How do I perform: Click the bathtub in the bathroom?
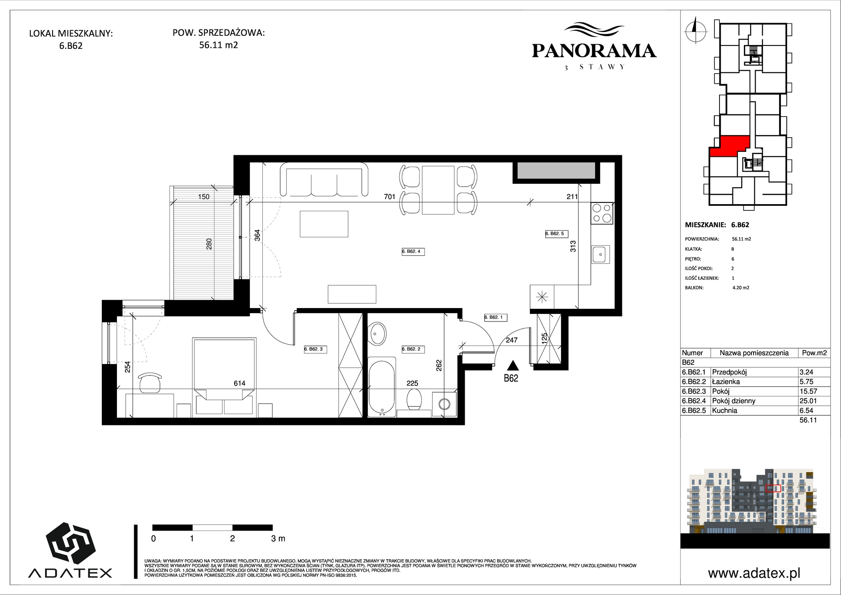click(x=382, y=387)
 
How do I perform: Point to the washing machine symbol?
click(x=444, y=404)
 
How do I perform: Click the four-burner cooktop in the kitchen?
click(x=602, y=213)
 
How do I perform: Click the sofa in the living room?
click(x=324, y=180)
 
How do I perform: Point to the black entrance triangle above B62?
click(x=511, y=366)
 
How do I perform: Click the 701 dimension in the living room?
click(x=390, y=197)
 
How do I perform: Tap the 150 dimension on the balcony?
click(x=204, y=197)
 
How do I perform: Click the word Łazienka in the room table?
click(x=726, y=382)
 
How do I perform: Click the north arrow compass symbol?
click(x=696, y=29)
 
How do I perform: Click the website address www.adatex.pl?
click(x=754, y=573)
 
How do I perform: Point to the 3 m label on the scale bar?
click(x=278, y=539)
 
